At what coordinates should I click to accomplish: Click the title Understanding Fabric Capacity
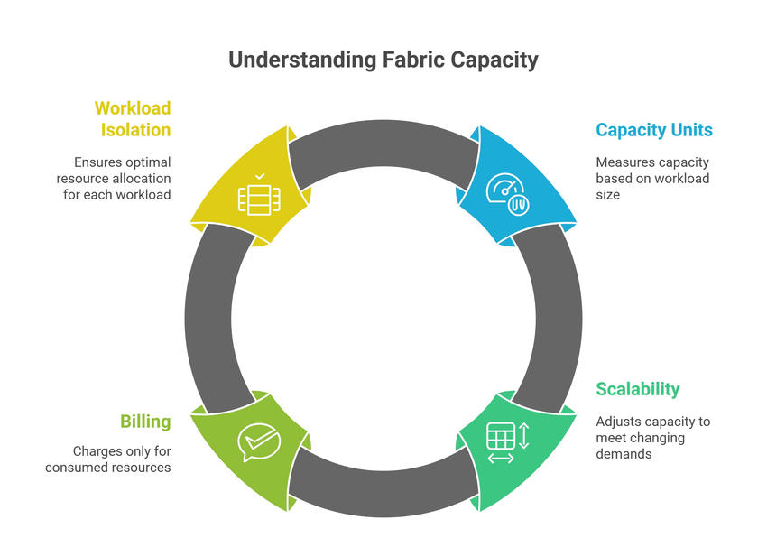coord(383,60)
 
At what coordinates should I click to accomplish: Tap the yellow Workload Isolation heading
coord(133,118)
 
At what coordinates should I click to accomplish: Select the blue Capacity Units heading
coord(653,130)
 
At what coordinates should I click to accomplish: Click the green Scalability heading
coord(637,389)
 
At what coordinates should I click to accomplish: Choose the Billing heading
coord(145,422)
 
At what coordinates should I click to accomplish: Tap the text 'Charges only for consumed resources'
coord(108,459)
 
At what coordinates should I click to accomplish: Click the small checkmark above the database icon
coord(260,176)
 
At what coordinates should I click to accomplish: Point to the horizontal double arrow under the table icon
coord(500,459)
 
